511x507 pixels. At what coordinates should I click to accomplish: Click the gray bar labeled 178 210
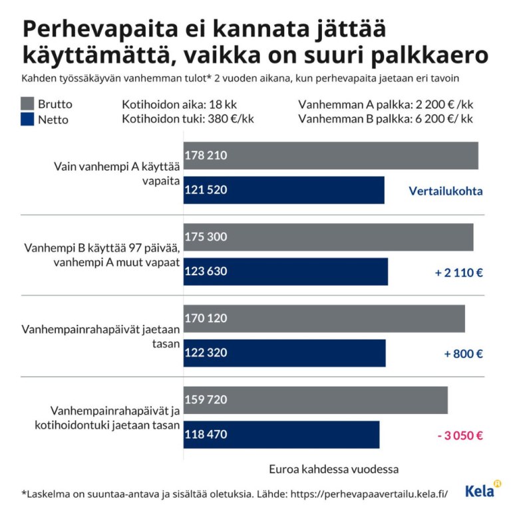pos(331,155)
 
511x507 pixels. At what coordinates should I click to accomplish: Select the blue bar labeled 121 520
pos(284,190)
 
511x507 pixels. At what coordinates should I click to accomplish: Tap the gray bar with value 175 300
pos(328,237)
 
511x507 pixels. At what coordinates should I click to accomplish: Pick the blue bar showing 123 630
pos(285,272)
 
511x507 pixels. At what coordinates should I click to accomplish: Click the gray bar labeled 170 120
pos(324,318)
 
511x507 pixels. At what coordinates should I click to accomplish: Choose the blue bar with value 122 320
pos(285,353)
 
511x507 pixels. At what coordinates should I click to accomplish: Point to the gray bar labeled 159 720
pos(315,400)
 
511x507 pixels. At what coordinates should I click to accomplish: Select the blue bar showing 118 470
pos(281,435)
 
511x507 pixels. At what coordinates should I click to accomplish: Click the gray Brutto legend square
pos(27,104)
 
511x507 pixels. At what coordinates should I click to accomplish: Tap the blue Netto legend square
pos(27,120)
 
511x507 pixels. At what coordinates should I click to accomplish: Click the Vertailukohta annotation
pos(445,191)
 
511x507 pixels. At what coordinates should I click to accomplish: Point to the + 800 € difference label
pos(463,354)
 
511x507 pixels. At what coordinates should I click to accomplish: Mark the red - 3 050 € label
pos(460,436)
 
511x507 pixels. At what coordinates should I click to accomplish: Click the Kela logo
pos(482,490)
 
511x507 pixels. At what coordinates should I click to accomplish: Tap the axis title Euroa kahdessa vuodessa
pos(333,469)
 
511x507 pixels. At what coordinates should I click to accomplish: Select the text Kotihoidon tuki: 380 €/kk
pos(188,120)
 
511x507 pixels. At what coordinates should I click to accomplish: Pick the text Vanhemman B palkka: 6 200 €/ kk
pos(385,120)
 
